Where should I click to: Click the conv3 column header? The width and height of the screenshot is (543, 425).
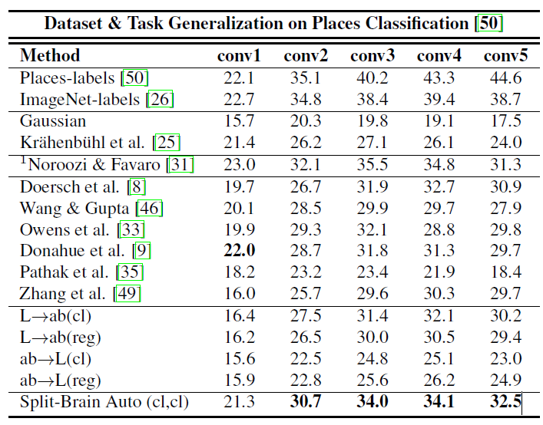pos(372,56)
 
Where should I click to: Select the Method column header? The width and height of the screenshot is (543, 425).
pos(50,56)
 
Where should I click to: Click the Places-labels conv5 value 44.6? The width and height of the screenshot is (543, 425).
pos(506,77)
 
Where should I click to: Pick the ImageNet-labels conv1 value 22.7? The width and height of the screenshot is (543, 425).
pos(240,99)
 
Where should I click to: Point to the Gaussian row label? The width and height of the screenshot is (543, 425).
pos(53,121)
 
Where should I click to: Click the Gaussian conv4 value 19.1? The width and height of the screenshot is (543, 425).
pos(439,121)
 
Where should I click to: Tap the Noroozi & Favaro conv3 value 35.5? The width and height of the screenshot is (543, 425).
pos(372,164)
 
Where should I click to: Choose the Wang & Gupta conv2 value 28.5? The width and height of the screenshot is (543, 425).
pos(306,208)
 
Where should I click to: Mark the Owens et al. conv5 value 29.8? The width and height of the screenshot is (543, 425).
pos(506,229)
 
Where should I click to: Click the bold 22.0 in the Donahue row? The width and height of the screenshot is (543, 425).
pos(240,251)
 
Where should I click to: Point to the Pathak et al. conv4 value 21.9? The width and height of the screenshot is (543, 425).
pos(439,272)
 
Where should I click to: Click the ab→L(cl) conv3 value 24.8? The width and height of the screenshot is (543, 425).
pos(372,359)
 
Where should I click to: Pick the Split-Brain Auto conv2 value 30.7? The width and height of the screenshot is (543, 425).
pos(306,402)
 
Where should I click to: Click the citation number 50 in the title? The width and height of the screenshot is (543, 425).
pos(489,23)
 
